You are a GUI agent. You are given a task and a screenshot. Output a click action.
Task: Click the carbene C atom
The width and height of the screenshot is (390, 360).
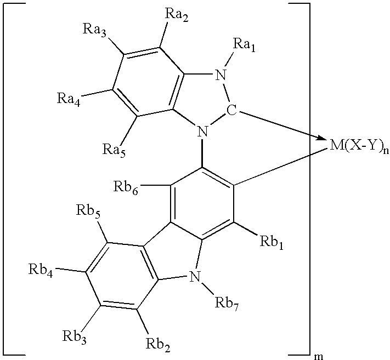coord(231,110)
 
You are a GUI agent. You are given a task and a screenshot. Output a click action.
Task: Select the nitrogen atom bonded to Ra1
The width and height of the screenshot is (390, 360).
coord(221,75)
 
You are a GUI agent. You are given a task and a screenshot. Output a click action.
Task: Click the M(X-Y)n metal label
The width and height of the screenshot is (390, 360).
coord(354,146)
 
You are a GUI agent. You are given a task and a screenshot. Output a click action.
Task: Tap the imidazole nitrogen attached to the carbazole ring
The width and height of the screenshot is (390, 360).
coord(203,131)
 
